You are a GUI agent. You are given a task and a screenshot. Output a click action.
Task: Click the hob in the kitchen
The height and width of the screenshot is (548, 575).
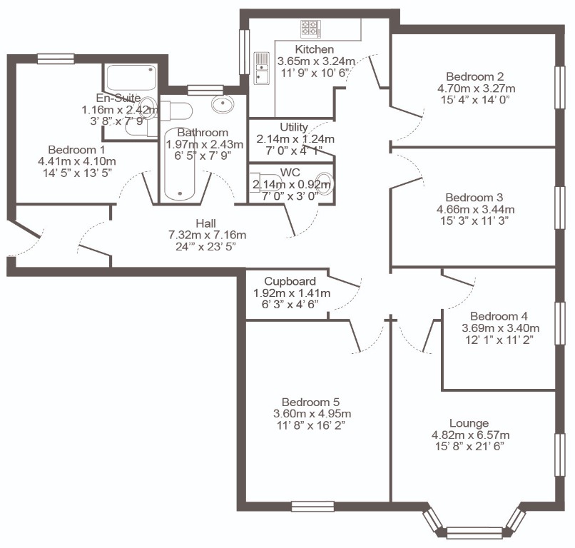click(x=311, y=29)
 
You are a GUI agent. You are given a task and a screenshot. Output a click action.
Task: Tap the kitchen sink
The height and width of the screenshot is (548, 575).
click(x=262, y=68)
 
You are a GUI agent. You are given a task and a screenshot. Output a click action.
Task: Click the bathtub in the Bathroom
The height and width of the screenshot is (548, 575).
click(x=179, y=165)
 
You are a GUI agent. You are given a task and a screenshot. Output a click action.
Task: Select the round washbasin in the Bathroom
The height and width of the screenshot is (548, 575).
click(x=223, y=103)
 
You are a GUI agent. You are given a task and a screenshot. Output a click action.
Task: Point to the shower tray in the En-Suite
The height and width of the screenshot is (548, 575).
click(x=131, y=77)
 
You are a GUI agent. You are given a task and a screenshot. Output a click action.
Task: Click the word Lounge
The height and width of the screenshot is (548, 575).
click(x=469, y=423)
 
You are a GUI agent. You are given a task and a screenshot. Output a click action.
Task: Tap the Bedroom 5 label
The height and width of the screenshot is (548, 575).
click(x=310, y=402)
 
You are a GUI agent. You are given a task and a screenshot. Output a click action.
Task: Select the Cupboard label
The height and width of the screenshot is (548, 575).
click(x=290, y=281)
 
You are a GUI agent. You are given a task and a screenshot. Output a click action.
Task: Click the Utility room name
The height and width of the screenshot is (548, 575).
click(x=294, y=127)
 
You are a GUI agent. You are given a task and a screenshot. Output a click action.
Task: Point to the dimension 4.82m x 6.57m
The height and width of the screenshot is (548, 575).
click(x=471, y=435)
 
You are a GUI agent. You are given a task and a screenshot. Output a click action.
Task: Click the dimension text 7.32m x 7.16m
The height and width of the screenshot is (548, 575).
click(x=207, y=235)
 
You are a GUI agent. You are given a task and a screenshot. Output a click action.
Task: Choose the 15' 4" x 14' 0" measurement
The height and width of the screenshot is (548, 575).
click(x=476, y=100)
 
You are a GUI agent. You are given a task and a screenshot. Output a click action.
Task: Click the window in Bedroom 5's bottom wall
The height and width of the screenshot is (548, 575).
click(x=312, y=507)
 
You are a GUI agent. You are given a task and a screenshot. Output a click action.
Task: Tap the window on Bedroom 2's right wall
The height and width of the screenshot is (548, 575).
click(x=559, y=87)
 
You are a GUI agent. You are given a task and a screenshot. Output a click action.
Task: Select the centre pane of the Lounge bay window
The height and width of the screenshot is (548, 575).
click(x=474, y=532)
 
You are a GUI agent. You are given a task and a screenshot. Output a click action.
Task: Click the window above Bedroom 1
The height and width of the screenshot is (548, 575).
click(x=56, y=59)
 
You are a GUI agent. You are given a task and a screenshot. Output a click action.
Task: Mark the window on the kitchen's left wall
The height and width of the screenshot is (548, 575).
click(x=244, y=51)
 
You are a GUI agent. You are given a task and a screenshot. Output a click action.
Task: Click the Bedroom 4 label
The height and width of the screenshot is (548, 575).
click(x=499, y=316)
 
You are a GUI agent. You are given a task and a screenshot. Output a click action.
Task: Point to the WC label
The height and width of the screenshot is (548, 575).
click(x=290, y=173)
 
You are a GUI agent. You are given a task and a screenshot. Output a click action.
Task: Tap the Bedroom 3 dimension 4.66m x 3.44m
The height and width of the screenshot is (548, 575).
click(x=476, y=210)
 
